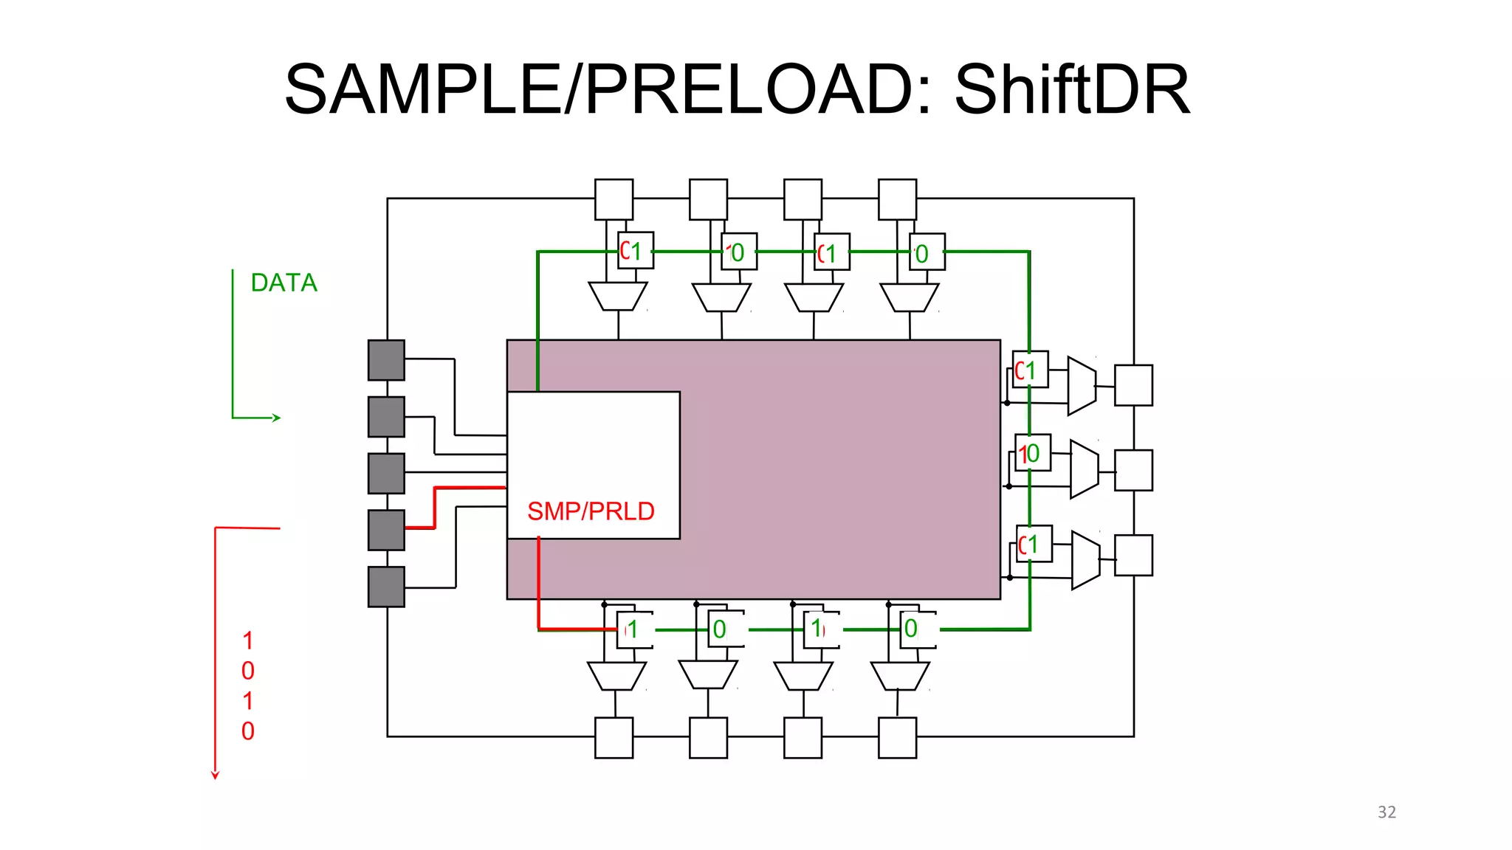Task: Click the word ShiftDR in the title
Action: coord(1072,90)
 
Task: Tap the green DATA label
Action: coord(283,283)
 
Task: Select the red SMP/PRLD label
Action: coord(591,511)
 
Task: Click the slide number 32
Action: coord(1386,812)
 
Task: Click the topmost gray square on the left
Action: coord(386,360)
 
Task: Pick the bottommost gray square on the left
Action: coord(386,587)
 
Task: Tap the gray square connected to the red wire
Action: coord(386,530)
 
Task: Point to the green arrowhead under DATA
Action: coord(277,418)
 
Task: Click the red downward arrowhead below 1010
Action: coord(215,775)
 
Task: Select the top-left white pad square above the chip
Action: coord(614,199)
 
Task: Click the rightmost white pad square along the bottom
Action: coord(897,737)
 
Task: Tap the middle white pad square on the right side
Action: coord(1133,470)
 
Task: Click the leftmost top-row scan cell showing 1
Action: coord(636,251)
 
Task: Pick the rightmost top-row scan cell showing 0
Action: coord(927,253)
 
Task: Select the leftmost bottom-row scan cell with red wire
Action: coord(635,629)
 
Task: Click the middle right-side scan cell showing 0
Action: coord(1033,452)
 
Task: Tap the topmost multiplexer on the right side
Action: coord(1082,385)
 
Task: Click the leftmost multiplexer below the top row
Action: coord(618,296)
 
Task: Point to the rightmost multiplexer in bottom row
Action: coord(900,675)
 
